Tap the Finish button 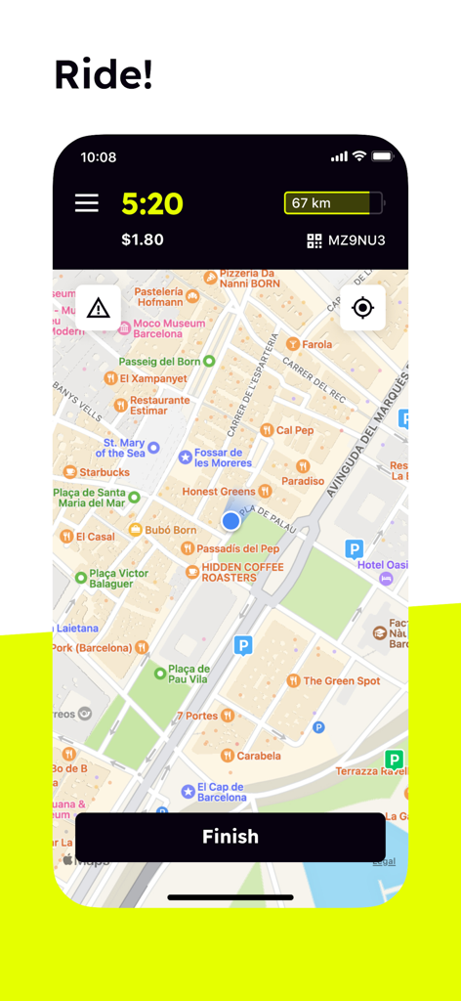click(230, 837)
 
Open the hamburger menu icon click(87, 202)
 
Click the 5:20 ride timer click(152, 203)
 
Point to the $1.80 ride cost click(143, 239)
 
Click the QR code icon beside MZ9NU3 click(314, 240)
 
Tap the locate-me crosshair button click(362, 308)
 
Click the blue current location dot click(230, 521)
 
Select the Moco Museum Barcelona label click(169, 328)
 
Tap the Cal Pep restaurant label click(294, 430)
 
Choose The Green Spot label click(341, 680)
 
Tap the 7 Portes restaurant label click(197, 716)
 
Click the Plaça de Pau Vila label click(188, 674)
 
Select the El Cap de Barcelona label click(221, 792)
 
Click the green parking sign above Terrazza click(394, 759)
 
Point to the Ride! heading click(104, 74)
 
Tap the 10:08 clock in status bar click(99, 156)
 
